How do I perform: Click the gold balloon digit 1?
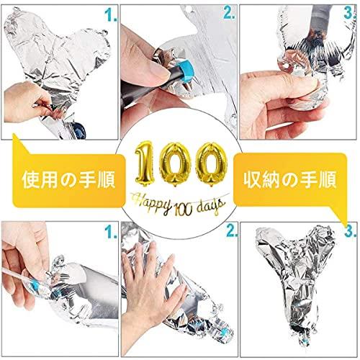144,163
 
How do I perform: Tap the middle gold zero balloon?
175,164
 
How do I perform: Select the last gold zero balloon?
211,164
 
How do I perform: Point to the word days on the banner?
211,207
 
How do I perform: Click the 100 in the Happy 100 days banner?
184,210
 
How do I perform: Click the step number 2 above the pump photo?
229,14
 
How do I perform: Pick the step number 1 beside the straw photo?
111,232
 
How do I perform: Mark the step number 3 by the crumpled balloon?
351,231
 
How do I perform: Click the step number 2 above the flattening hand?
232,231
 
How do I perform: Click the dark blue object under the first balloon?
79,130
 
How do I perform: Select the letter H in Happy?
138,202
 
